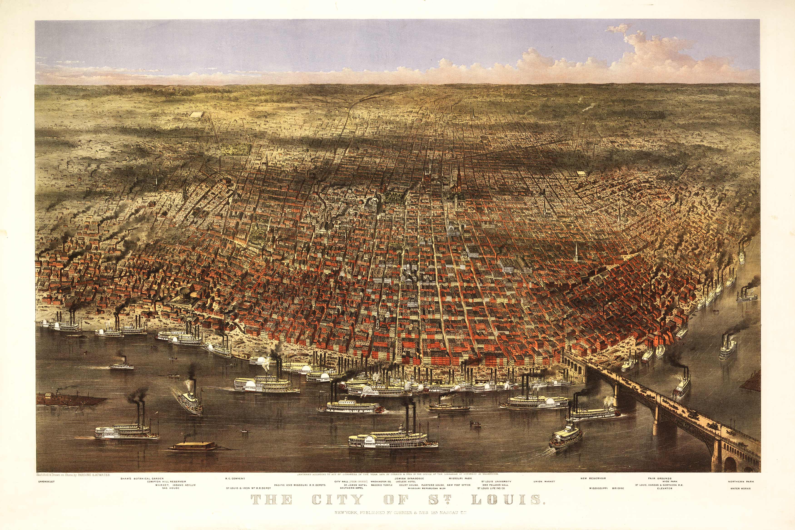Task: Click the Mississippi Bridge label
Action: pyautogui.click(x=606, y=488)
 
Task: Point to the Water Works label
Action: pyautogui.click(x=740, y=488)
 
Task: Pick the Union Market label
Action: pyautogui.click(x=544, y=481)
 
